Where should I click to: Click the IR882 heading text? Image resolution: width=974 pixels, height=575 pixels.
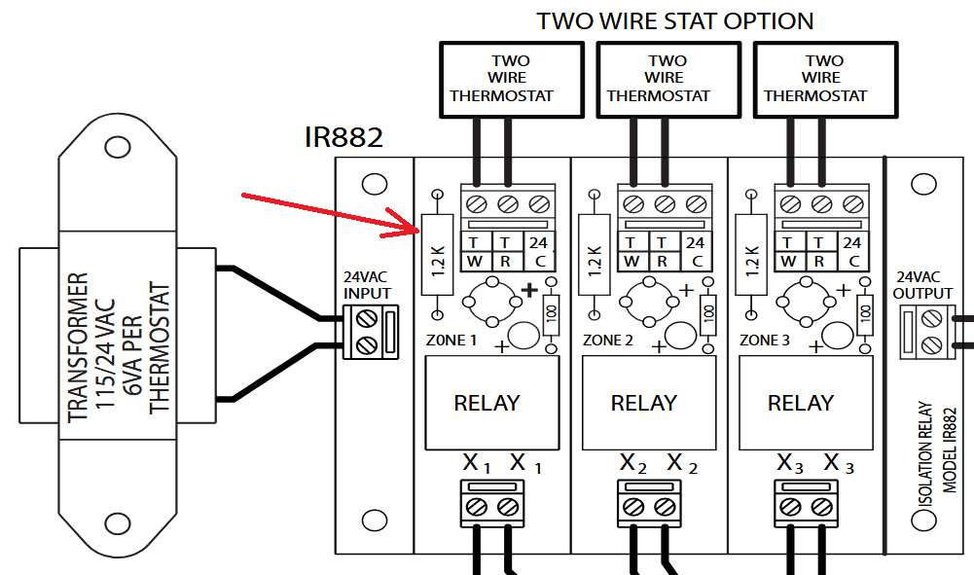pos(343,137)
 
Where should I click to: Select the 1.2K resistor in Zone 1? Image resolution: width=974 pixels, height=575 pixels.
pos(437,255)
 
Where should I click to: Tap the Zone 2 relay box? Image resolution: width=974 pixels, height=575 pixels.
pos(643,403)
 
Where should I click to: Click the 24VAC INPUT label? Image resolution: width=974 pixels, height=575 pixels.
pos(368,285)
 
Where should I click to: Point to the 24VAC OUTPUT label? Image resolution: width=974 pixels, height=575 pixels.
pos(922,285)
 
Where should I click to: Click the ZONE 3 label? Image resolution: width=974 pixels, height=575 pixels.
pos(765,341)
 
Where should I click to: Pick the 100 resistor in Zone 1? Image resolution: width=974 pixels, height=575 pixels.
pos(551,315)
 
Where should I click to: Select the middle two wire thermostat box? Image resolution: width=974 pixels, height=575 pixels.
pos(668,80)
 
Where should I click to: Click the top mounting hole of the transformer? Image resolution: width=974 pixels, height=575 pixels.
pos(118,148)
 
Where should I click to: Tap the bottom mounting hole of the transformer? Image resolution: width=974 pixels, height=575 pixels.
pos(118,522)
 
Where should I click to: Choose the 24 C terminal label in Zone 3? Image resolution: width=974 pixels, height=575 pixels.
pos(852,252)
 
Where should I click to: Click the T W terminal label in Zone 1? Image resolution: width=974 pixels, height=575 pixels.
pos(474,252)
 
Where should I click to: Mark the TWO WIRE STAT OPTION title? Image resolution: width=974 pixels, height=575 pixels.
pos(675,21)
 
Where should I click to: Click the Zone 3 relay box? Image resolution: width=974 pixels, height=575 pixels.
pos(801,403)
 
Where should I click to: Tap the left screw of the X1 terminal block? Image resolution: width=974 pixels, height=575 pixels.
pos(477,507)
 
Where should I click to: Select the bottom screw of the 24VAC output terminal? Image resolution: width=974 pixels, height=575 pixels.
pos(931,343)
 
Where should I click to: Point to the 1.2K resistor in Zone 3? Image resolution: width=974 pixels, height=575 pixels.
pos(751,255)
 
